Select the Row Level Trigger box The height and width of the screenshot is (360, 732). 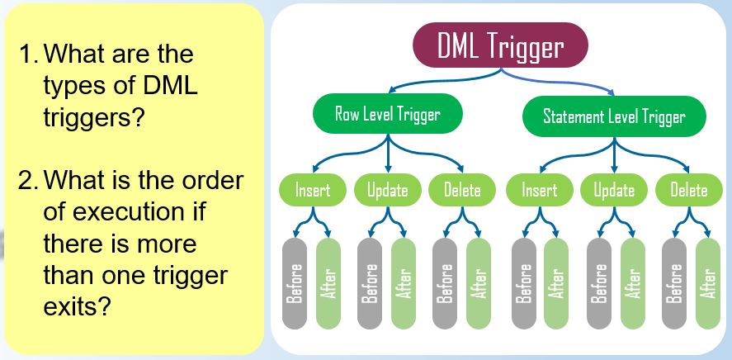click(x=386, y=114)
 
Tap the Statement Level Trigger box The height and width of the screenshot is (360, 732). click(x=613, y=116)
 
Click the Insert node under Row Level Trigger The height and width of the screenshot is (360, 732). click(x=312, y=190)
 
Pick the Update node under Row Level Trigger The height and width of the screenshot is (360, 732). click(x=387, y=190)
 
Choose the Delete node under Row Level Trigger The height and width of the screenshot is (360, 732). click(x=462, y=190)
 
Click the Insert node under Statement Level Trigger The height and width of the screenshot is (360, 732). click(x=539, y=190)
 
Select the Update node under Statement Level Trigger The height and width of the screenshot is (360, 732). click(x=613, y=190)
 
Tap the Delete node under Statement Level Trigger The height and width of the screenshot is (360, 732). click(x=688, y=190)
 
